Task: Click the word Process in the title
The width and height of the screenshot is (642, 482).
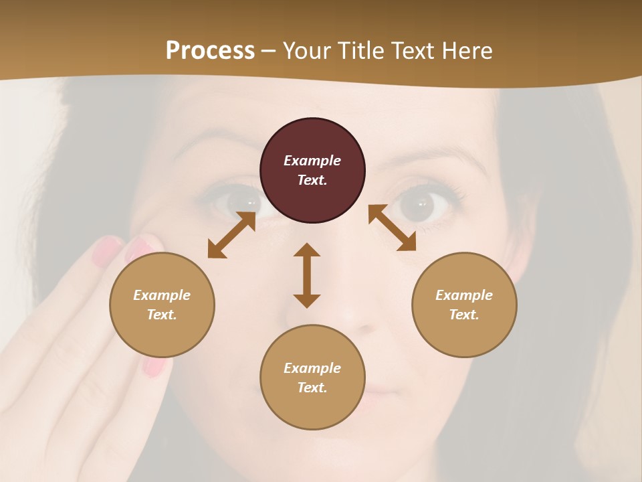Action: [210, 51]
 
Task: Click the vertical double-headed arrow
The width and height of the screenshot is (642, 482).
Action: [307, 275]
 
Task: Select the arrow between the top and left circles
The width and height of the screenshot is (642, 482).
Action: [231, 235]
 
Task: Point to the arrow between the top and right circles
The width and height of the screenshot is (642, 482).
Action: [392, 228]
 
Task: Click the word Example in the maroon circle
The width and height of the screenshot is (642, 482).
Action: [312, 161]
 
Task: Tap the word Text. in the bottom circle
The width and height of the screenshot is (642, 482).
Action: [312, 388]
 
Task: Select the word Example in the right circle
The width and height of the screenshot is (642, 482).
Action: [464, 295]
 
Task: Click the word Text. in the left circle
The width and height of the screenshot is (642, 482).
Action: [162, 315]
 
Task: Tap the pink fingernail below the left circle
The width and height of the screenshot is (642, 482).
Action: [154, 366]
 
